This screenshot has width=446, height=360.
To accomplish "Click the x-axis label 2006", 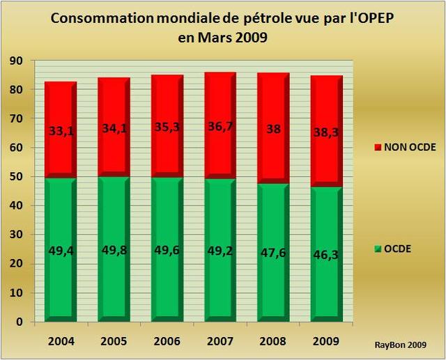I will click(x=165, y=341).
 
